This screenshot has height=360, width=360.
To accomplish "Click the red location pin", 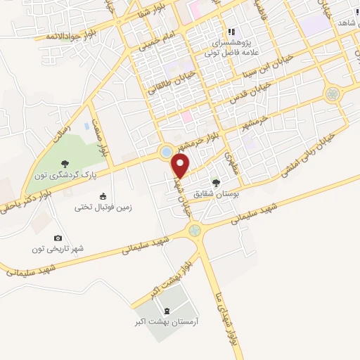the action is (181, 166).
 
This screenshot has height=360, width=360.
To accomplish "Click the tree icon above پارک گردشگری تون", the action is (65, 162).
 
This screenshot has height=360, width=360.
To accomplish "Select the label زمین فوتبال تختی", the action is (104, 207).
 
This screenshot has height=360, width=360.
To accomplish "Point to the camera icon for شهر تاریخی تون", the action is (58, 238).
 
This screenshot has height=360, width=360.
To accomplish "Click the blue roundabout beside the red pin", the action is (166, 151).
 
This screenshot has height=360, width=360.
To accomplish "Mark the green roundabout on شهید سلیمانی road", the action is (195, 229).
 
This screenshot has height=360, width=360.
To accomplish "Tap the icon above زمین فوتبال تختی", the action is (104, 196).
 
